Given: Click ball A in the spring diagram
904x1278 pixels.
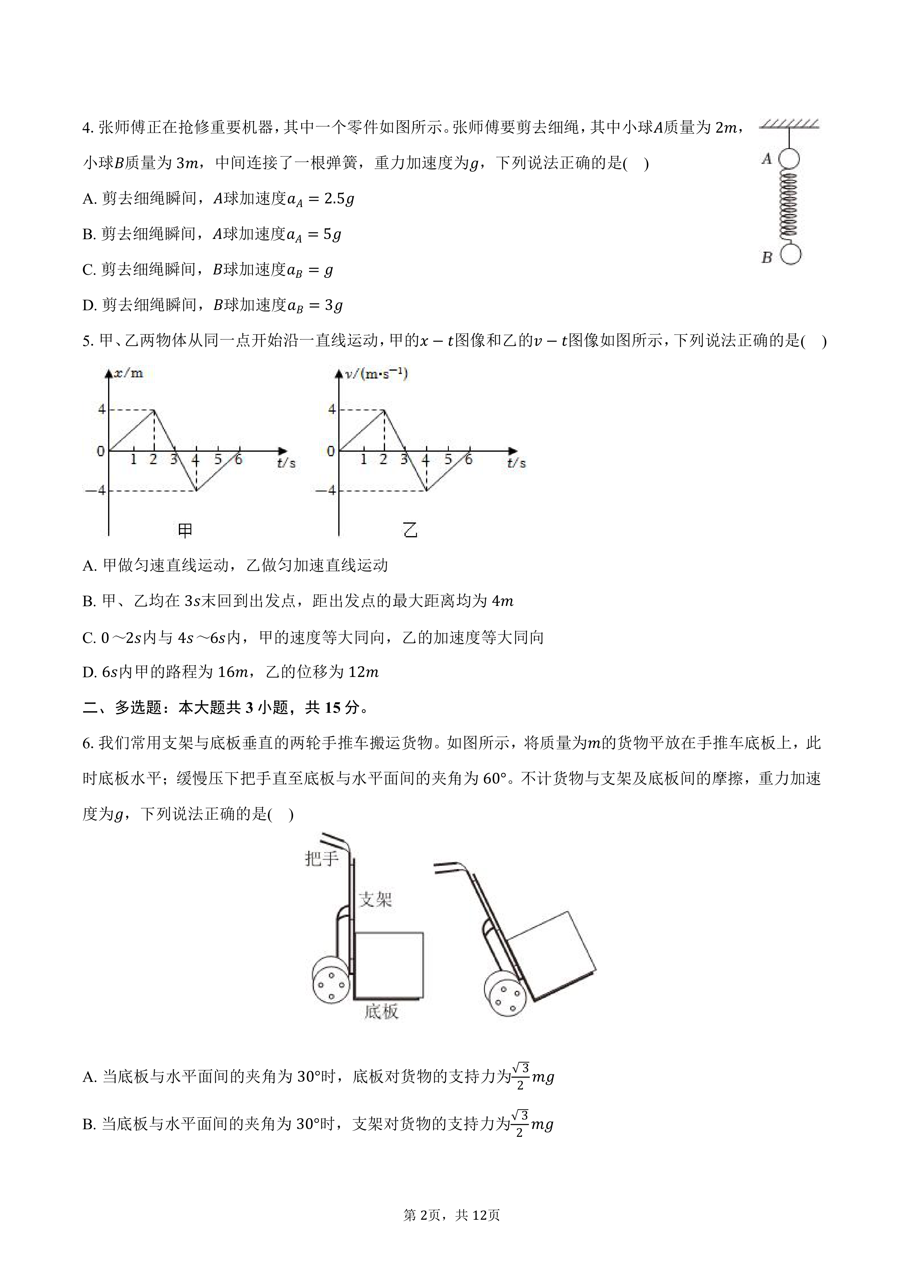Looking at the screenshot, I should pyautogui.click(x=788, y=159).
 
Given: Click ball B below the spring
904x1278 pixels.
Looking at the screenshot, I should pyautogui.click(x=790, y=255).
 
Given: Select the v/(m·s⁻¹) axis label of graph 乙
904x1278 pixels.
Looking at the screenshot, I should pyautogui.click(x=376, y=373).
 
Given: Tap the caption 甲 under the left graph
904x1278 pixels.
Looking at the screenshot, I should pyautogui.click(x=185, y=530).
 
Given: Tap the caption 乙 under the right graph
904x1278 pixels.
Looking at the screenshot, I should pyautogui.click(x=410, y=530).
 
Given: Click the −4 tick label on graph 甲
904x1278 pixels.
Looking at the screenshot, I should pyautogui.click(x=95, y=490).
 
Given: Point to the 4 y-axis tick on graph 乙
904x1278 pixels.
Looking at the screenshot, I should pyautogui.click(x=332, y=410).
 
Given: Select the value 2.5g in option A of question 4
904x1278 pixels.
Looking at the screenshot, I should pyautogui.click(x=339, y=199).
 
